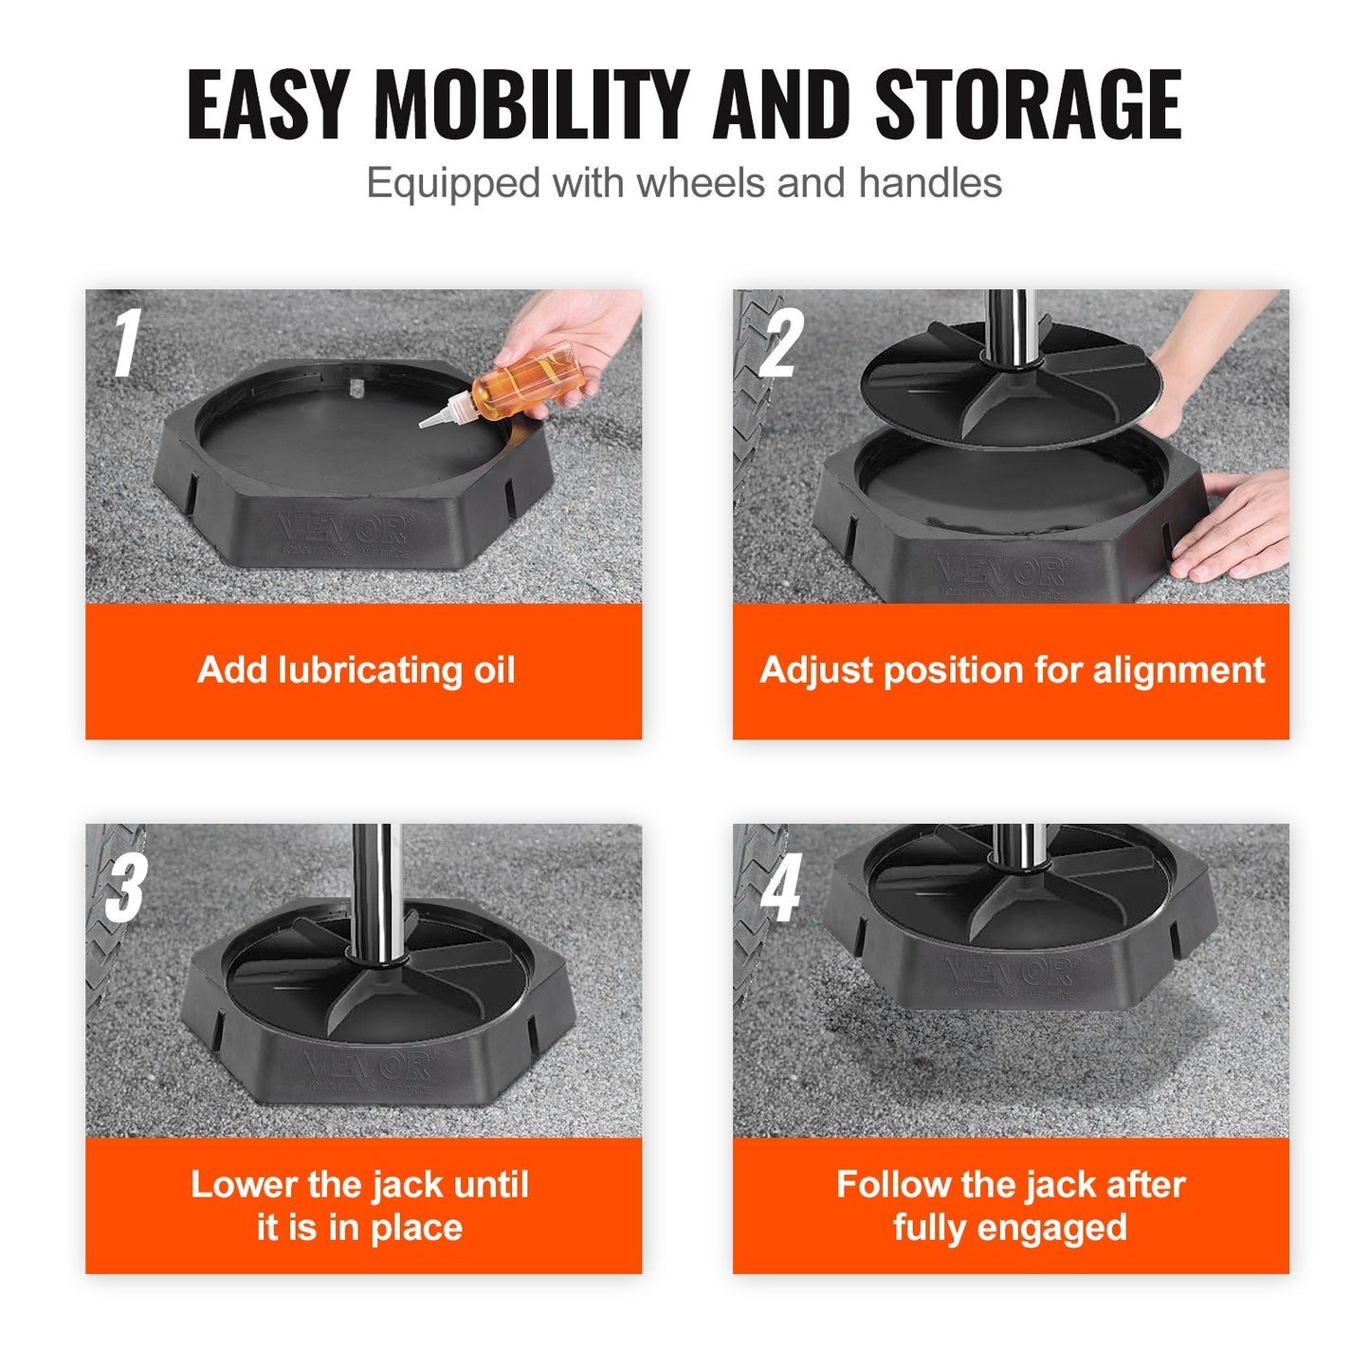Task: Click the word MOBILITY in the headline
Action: pos(531,104)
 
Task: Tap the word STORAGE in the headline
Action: pos(1028,104)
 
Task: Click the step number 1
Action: pos(126,343)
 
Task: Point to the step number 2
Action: pos(781,343)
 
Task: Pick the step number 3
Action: pos(126,887)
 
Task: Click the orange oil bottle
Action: pos(527,379)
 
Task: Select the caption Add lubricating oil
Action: pos(356,670)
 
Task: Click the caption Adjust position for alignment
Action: pos(1012,670)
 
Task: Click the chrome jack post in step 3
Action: pos(372,882)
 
